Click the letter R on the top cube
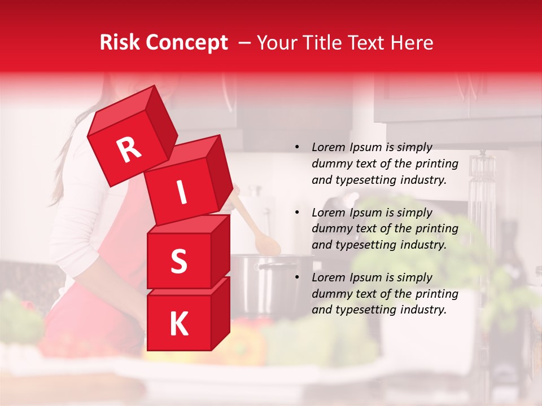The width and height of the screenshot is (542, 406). point(129,150)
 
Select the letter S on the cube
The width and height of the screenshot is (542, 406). point(178,261)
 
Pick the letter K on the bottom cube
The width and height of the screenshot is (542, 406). point(178,324)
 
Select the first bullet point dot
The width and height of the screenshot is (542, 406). point(297,147)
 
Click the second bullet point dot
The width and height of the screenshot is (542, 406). point(297,213)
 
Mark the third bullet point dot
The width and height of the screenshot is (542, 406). point(297,277)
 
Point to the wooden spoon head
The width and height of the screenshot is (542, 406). point(267,242)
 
